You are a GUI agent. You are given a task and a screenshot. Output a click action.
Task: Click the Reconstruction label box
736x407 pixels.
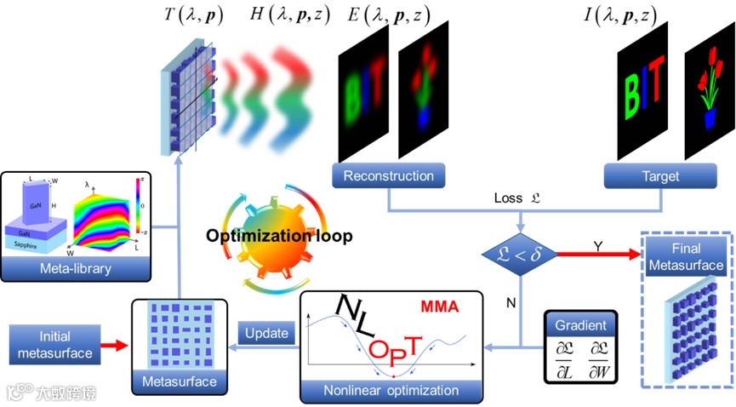click(x=389, y=176)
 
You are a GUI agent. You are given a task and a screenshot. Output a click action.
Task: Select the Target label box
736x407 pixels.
click(x=661, y=176)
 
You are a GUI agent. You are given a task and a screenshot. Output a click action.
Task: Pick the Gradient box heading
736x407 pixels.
click(x=581, y=325)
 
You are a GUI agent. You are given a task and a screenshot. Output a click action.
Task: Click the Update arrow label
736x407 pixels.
click(x=265, y=332)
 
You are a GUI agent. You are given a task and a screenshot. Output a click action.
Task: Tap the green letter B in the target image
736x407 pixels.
click(x=633, y=87)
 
